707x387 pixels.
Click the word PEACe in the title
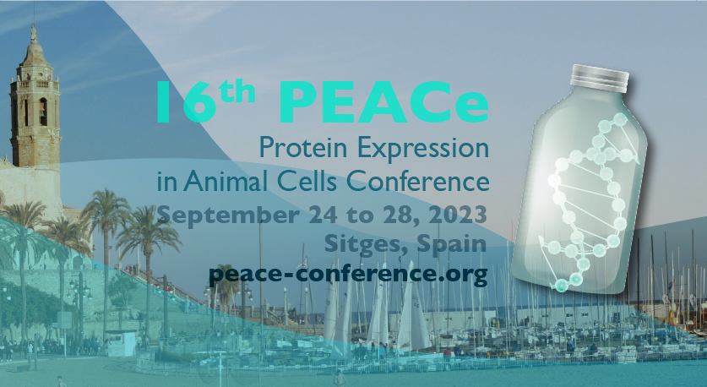coord(383,102)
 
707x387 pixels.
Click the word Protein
coord(303,148)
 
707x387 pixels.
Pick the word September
coord(228,215)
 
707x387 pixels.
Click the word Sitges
coord(366,244)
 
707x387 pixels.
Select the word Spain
coord(452,244)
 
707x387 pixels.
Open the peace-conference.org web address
coord(348,274)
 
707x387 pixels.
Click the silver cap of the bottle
coord(599,77)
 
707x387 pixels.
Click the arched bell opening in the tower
coord(43,112)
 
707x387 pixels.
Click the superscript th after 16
coord(237,92)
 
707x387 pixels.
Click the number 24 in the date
coord(323,215)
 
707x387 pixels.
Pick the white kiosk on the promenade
coord(121,343)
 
